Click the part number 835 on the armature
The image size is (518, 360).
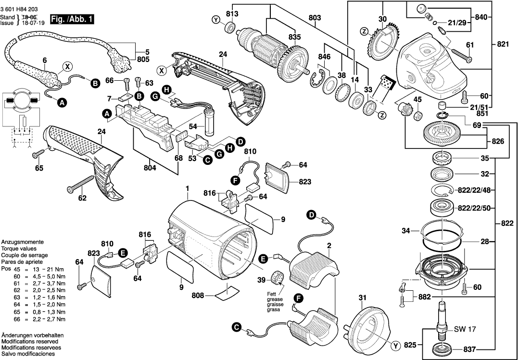(294, 37)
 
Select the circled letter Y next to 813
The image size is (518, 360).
(216, 20)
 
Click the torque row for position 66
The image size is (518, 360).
(33, 319)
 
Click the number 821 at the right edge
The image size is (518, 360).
(503, 44)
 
